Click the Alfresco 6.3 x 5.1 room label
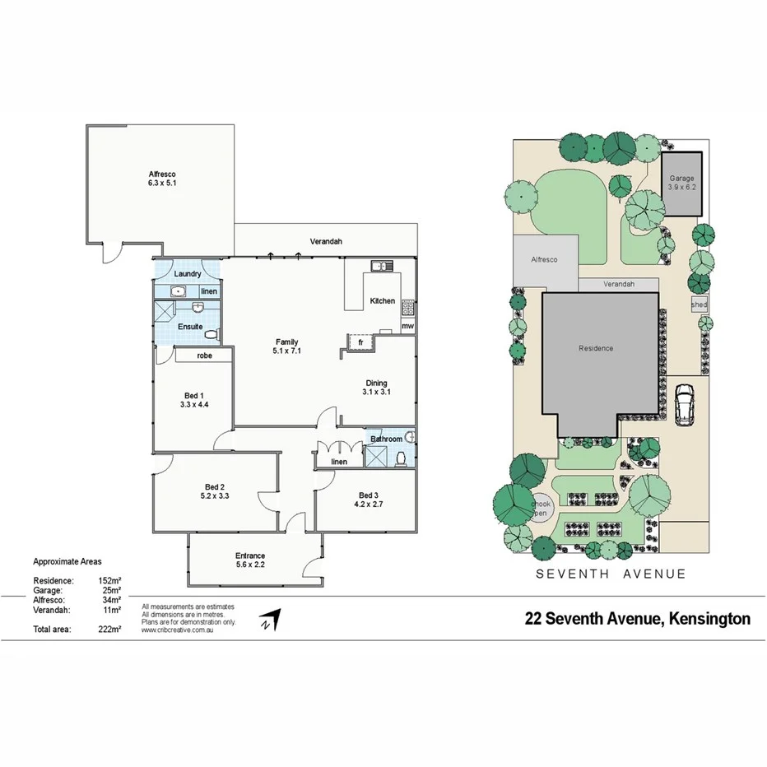click(x=162, y=179)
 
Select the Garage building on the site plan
click(x=681, y=184)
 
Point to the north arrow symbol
click(x=270, y=620)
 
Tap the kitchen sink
click(x=380, y=265)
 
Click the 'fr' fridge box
click(x=360, y=342)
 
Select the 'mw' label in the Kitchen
click(x=407, y=327)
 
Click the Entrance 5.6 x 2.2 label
click(x=250, y=561)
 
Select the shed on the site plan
click(x=699, y=304)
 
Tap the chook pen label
click(x=540, y=509)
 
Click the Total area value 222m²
click(x=109, y=630)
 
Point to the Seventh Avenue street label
click(x=611, y=574)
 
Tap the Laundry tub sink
click(x=177, y=291)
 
